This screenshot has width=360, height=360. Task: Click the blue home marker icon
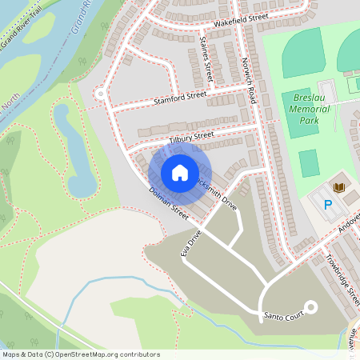click(180, 173)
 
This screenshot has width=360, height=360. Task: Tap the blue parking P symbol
click(327, 205)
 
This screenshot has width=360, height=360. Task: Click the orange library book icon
click(338, 187)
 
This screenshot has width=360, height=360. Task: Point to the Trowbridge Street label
click(342, 271)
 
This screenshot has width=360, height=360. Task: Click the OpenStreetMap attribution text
click(81, 354)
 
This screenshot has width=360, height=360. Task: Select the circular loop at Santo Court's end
click(308, 306)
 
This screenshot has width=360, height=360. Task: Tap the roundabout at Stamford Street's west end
click(101, 94)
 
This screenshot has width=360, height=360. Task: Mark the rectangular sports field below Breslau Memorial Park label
click(309, 164)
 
